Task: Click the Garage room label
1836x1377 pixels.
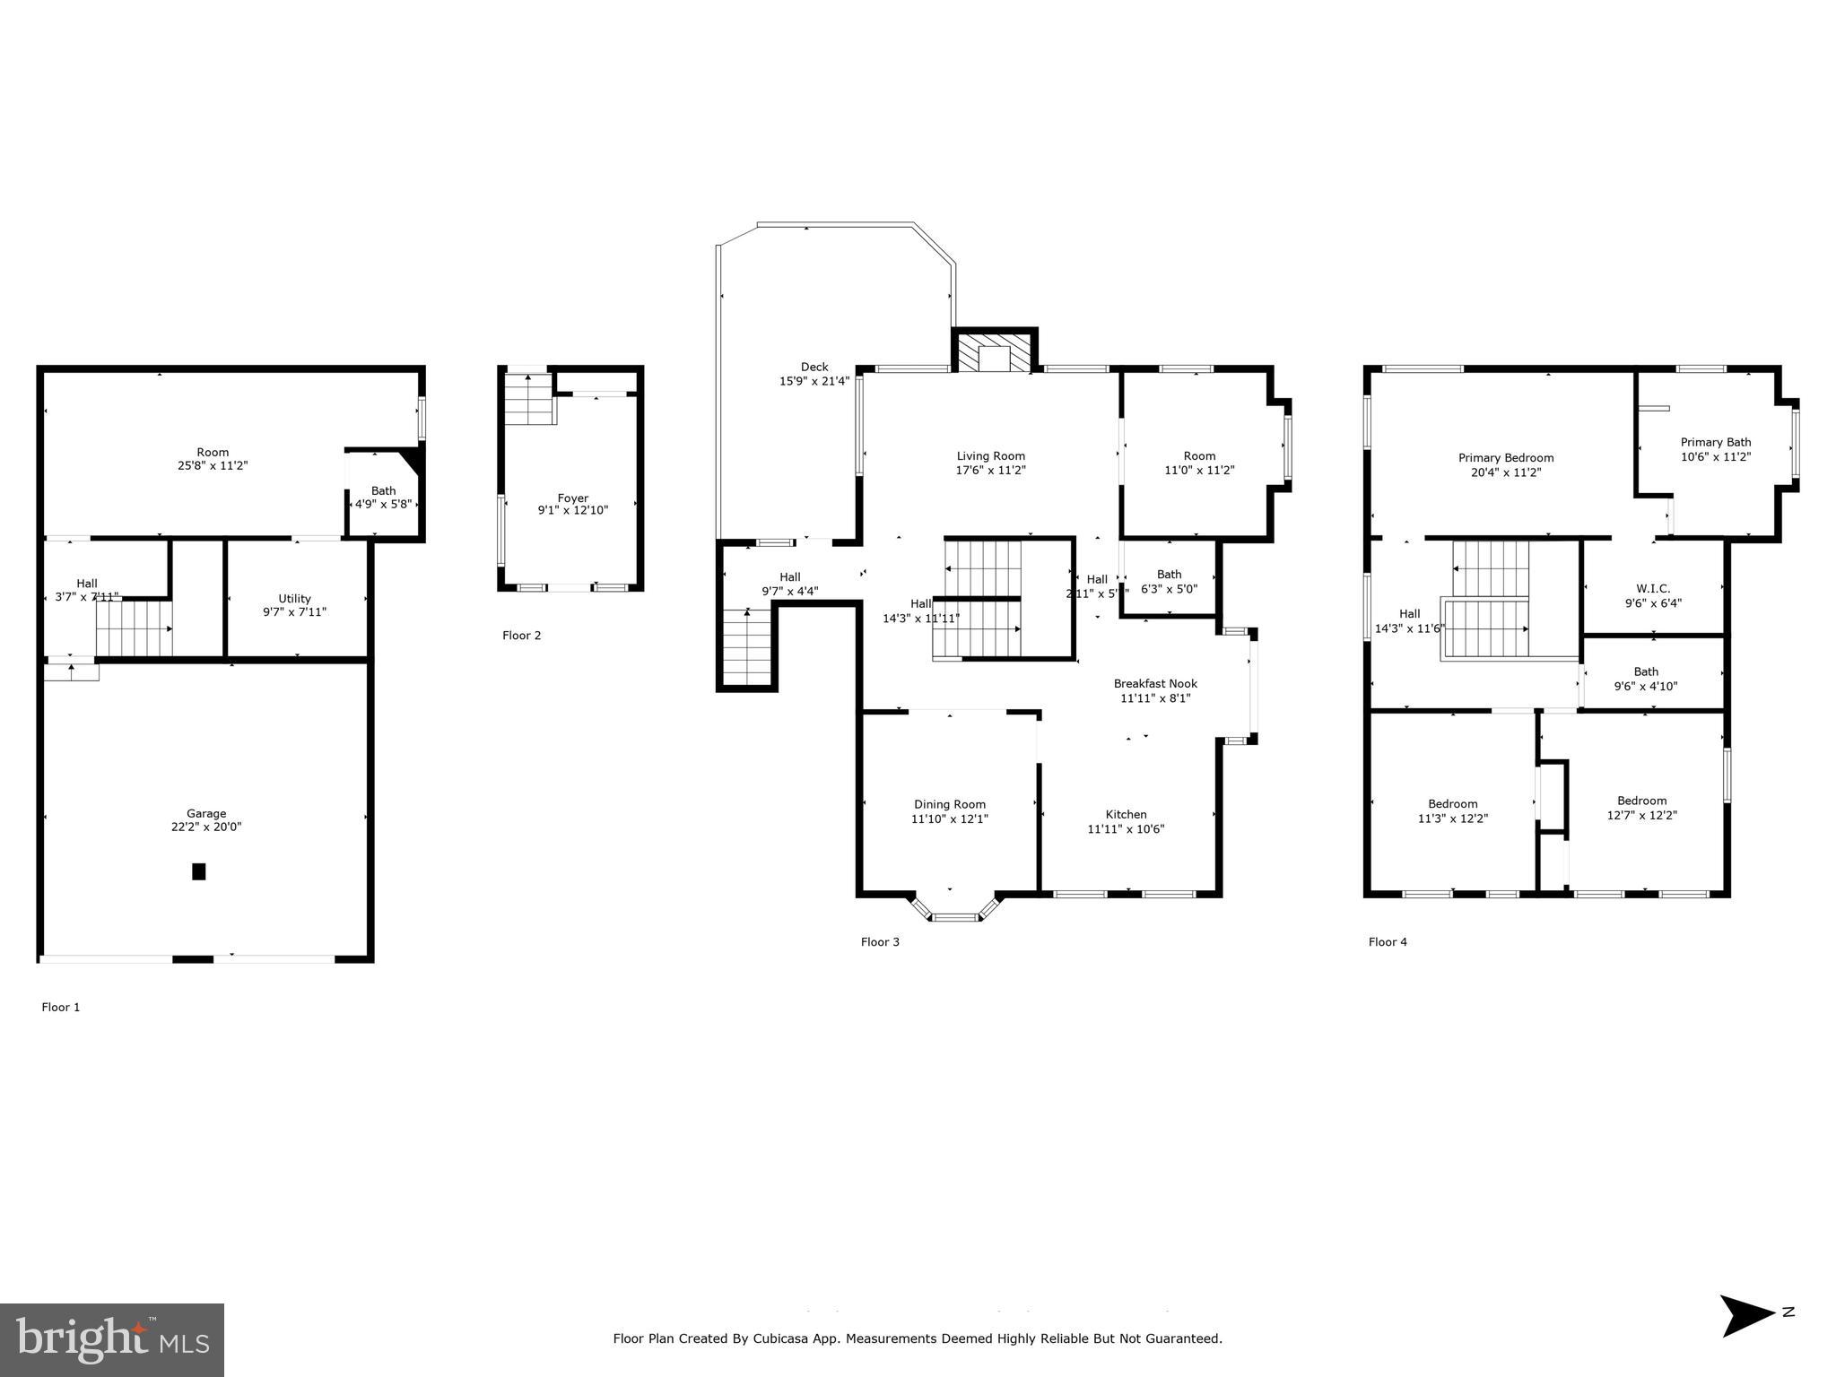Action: point(206,813)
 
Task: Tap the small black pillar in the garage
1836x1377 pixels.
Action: point(199,870)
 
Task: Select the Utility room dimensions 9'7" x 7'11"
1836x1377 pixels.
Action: point(294,612)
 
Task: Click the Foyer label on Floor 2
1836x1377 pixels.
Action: point(573,498)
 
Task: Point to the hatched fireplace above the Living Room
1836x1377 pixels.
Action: point(994,352)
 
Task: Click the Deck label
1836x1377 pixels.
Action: point(814,367)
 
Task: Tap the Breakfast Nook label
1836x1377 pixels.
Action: point(1155,683)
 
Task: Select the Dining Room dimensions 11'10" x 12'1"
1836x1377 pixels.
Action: point(950,818)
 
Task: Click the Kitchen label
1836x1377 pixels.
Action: point(1126,814)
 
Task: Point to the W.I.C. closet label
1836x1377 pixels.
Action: point(1653,588)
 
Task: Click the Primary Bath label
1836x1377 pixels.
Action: point(1715,442)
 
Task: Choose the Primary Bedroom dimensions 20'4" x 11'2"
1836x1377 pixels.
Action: point(1505,472)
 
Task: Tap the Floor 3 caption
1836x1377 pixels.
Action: point(880,941)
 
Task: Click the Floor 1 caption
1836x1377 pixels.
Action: point(61,1007)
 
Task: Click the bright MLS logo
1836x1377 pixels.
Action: point(112,1339)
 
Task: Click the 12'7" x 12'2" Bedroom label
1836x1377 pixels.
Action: point(1641,801)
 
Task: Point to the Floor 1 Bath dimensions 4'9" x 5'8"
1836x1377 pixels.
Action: point(383,504)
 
